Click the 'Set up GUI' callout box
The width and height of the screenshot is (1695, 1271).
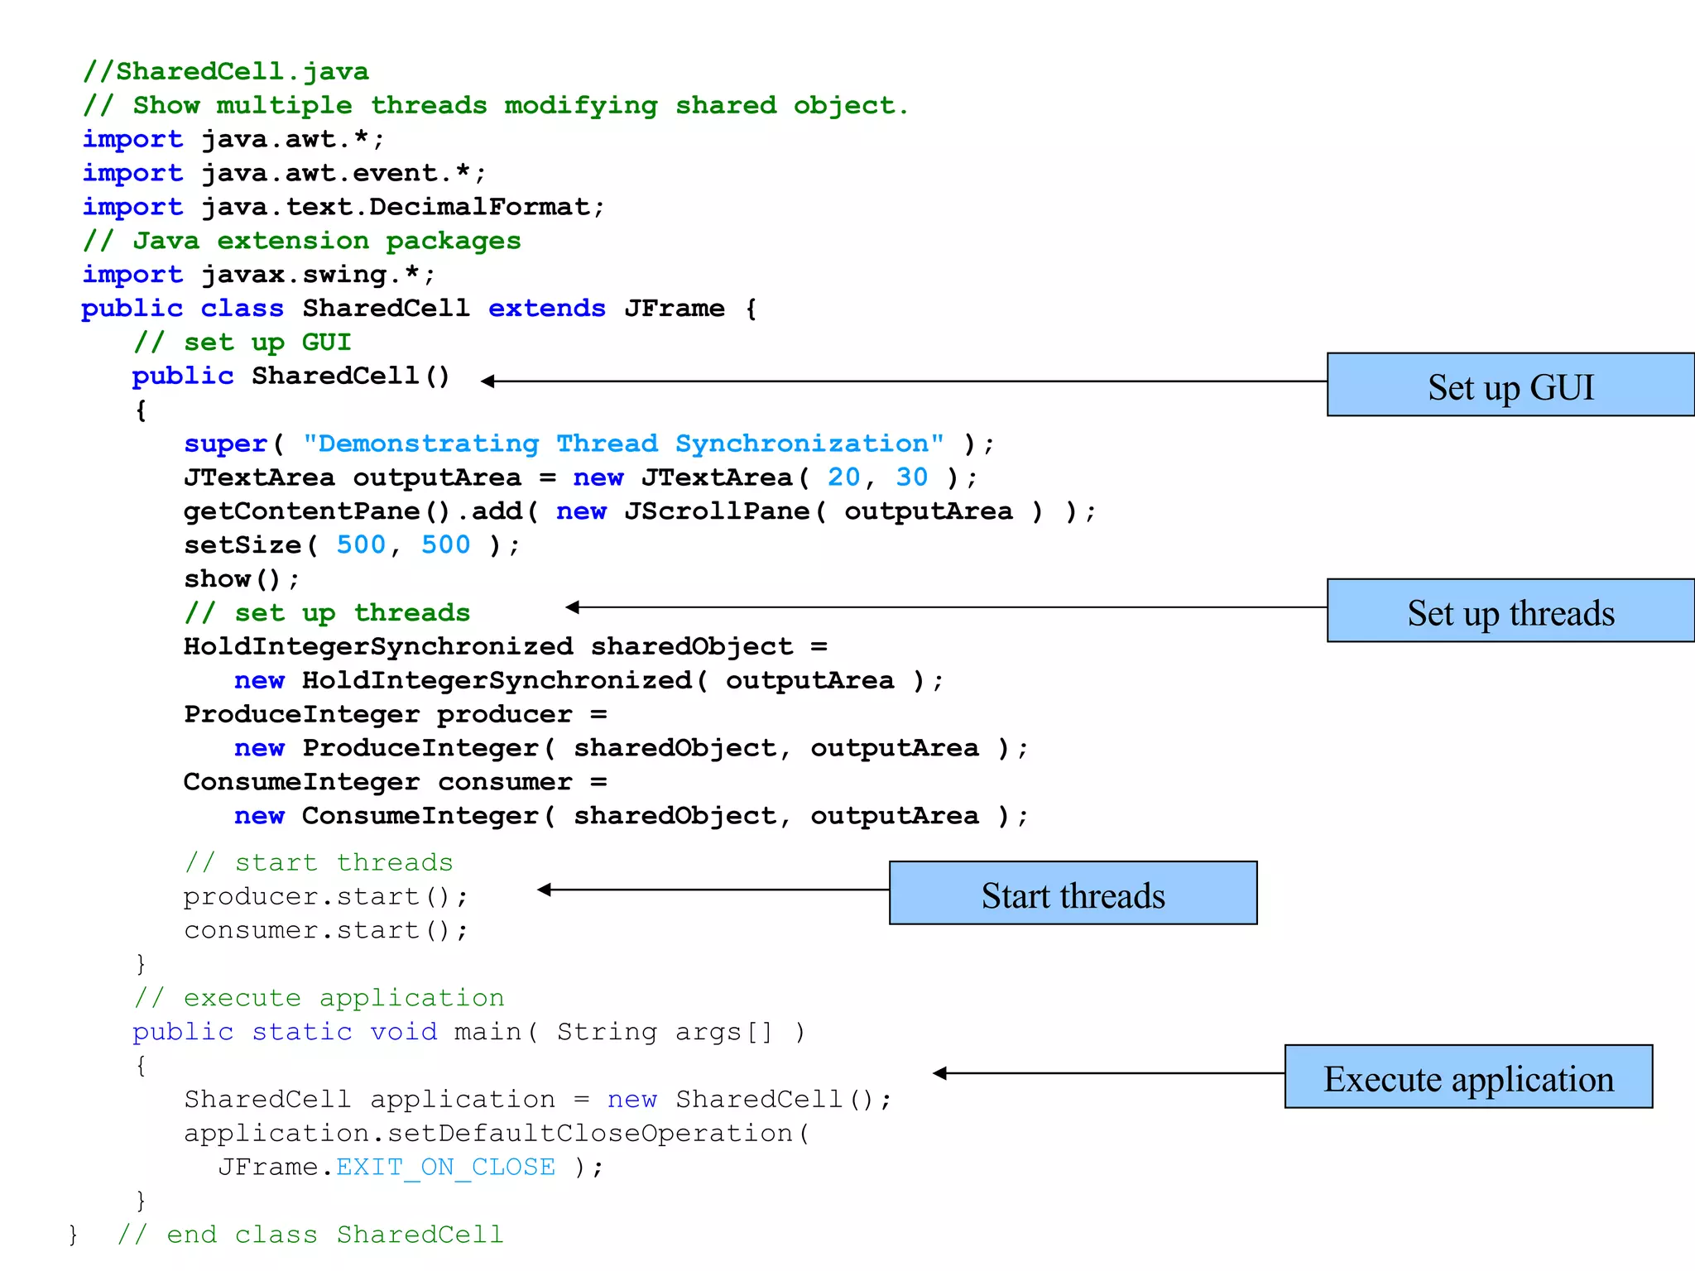tap(1510, 386)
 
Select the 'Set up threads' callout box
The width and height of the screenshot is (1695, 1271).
tap(1510, 612)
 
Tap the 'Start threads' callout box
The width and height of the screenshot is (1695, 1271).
tap(1073, 894)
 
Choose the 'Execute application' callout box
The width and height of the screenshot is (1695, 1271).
tap(1468, 1077)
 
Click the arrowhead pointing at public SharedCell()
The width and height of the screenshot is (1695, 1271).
tap(488, 381)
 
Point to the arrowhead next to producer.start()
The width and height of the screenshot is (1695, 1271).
tap(544, 890)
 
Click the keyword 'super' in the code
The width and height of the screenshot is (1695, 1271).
tap(225, 444)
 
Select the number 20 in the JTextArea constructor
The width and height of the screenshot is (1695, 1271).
tap(843, 477)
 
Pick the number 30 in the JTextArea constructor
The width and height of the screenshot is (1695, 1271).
tap(911, 477)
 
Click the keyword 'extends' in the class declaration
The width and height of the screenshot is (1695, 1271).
tap(546, 309)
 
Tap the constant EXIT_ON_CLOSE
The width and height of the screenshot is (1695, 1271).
tap(445, 1168)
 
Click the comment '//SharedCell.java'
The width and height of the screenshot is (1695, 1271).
tap(225, 72)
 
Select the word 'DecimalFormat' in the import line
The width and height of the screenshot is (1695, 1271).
tap(480, 207)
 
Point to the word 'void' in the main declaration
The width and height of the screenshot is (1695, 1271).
tap(403, 1032)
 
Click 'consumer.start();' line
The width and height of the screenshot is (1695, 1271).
tap(325, 931)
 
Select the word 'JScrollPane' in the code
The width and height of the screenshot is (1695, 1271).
tap(717, 511)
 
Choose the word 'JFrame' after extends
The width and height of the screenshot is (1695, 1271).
tap(674, 309)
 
